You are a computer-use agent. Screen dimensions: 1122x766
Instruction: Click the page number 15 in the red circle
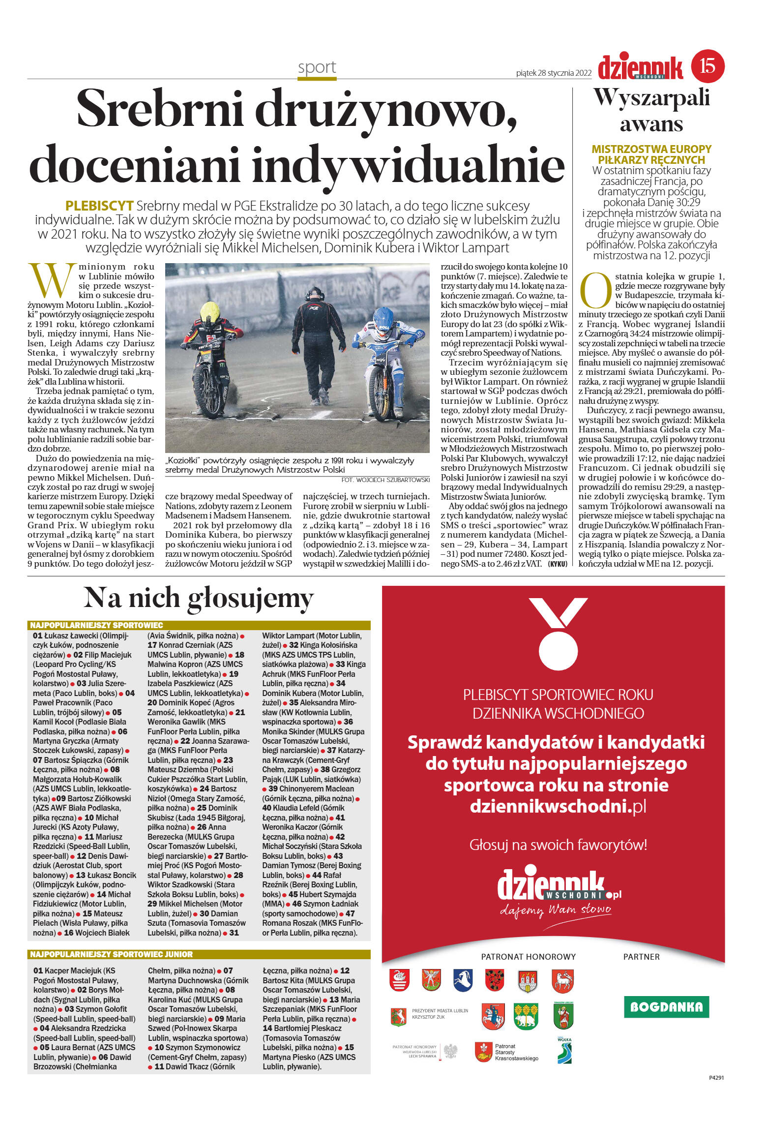[707, 65]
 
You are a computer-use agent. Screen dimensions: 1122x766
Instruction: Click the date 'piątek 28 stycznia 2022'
[554, 73]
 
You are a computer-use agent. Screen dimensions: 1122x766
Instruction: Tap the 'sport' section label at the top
[317, 67]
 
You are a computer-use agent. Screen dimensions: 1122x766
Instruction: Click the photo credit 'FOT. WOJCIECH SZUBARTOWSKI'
[385, 480]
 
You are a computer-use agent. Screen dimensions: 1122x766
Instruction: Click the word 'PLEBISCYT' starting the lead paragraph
[99, 206]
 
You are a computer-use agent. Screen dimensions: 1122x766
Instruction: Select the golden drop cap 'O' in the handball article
[595, 290]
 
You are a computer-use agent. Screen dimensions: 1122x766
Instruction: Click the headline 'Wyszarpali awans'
[651, 110]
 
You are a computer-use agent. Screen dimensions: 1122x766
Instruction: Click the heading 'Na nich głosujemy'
[199, 598]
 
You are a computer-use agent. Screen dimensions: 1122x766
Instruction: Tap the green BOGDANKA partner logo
[666, 1007]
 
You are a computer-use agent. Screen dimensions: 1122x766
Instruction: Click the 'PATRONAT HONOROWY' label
[528, 957]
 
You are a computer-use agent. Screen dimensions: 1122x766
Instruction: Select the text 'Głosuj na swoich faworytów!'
[558, 845]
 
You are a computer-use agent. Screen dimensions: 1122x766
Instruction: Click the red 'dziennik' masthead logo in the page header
[640, 67]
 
